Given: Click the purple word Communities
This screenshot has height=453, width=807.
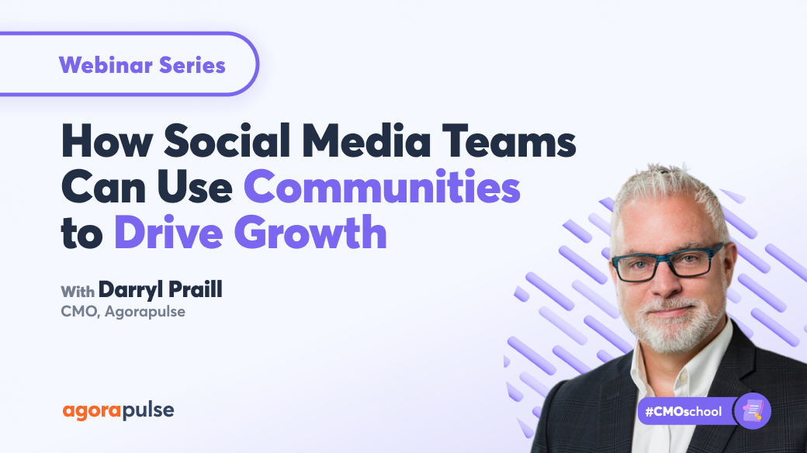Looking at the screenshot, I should (x=382, y=189).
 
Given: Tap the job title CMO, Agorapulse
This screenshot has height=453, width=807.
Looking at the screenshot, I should (x=123, y=313).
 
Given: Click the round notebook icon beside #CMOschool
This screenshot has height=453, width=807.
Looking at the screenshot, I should (x=752, y=410).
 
